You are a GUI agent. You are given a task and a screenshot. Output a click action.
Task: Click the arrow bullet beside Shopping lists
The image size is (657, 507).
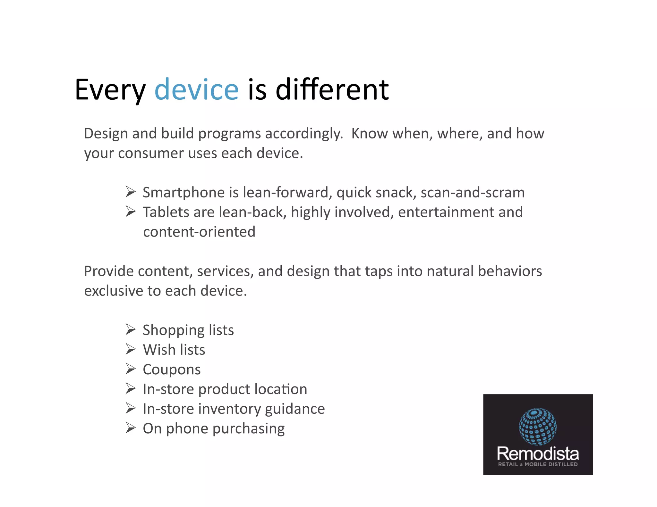click(x=130, y=329)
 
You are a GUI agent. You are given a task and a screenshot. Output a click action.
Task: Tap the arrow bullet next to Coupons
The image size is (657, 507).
click(x=130, y=369)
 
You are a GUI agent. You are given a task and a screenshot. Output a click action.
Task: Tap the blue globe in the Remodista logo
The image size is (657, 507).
click(x=538, y=427)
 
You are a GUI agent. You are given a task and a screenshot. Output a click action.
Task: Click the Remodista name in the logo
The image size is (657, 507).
click(x=538, y=453)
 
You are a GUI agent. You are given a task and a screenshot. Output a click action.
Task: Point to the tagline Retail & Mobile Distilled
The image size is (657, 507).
click(x=538, y=464)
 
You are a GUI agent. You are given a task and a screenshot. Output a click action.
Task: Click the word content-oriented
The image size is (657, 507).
click(x=199, y=232)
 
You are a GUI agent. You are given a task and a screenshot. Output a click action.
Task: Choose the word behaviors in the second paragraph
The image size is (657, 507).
click(x=509, y=271)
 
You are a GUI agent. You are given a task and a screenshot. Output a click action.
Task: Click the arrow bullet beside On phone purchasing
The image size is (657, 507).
click(x=130, y=428)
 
